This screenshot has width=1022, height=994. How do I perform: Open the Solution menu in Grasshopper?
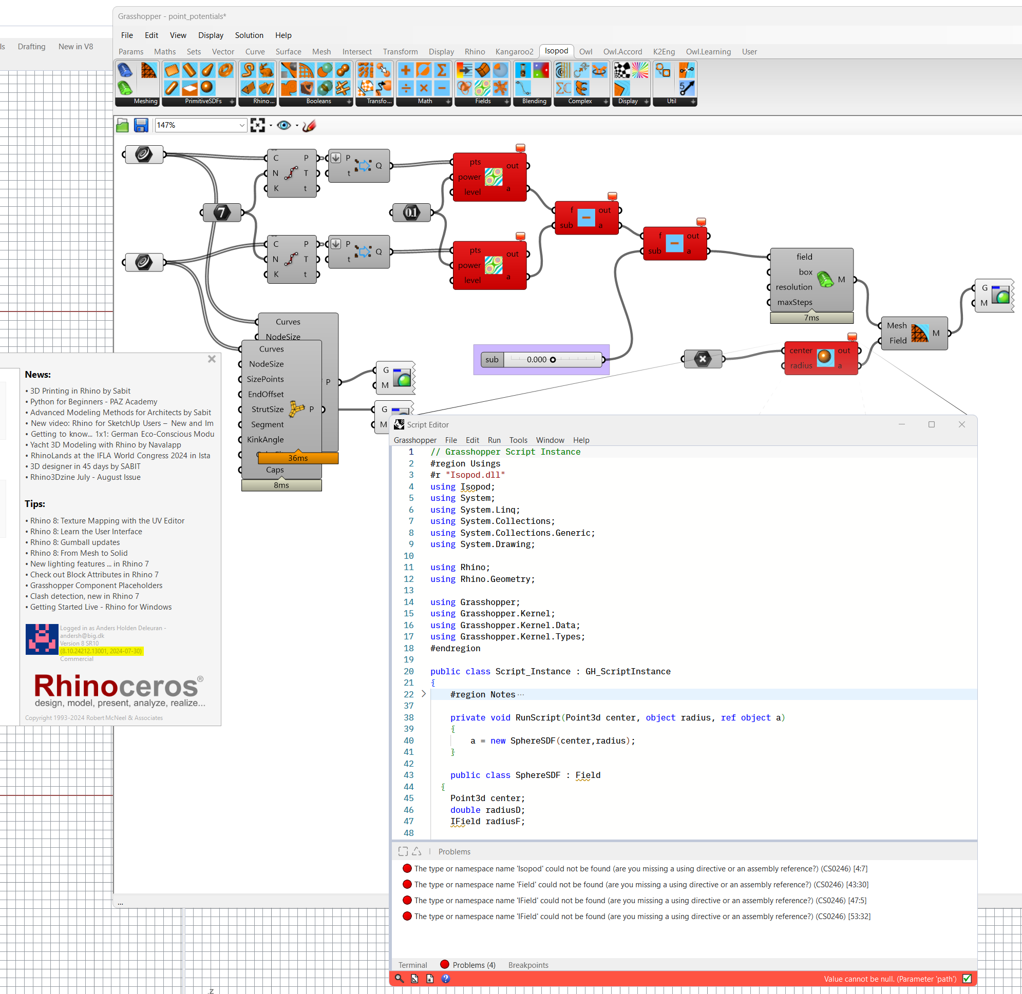(x=249, y=35)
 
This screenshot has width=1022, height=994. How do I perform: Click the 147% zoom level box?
(x=197, y=125)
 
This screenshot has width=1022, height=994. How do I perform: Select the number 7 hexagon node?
(x=221, y=212)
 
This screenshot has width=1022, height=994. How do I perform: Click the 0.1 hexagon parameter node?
(x=411, y=212)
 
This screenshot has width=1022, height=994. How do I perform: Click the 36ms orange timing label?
(x=298, y=458)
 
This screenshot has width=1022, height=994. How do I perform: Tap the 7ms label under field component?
(x=811, y=318)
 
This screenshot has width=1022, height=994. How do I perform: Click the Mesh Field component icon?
(x=919, y=333)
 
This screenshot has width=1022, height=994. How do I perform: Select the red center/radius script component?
(x=824, y=358)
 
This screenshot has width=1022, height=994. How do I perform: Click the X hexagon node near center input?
(x=703, y=359)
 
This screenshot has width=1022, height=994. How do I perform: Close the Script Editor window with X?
(x=961, y=424)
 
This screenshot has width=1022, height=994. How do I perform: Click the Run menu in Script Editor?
(x=494, y=440)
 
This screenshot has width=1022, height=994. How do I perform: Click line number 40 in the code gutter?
(x=409, y=740)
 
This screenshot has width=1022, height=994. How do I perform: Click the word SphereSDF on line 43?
(x=538, y=775)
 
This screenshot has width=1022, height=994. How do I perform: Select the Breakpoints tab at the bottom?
(x=528, y=965)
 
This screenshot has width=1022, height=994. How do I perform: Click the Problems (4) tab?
(x=474, y=965)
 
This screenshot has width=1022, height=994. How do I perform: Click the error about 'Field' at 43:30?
(x=640, y=884)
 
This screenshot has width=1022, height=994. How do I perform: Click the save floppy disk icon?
(x=141, y=125)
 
